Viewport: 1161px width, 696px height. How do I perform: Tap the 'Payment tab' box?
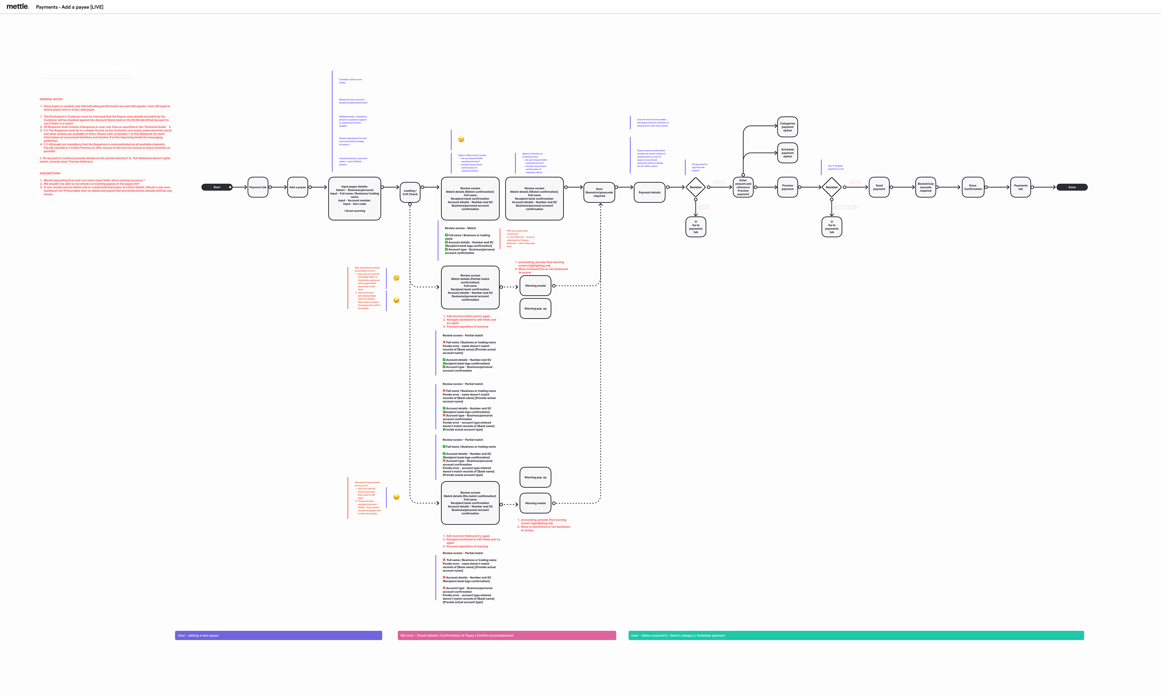coord(258,187)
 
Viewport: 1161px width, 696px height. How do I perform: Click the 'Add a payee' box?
coord(298,187)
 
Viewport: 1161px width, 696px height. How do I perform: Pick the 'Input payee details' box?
coord(354,198)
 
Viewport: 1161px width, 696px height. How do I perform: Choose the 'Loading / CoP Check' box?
coord(410,192)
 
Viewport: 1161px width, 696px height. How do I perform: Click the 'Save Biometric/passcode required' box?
coord(599,192)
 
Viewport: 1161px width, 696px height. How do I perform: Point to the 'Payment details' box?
coord(649,192)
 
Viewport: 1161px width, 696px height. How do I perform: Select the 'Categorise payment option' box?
coord(787,127)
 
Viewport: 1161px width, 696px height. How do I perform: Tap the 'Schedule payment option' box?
coord(787,153)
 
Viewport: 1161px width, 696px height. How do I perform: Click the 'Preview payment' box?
coord(787,187)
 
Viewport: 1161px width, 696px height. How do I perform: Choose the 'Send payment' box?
coord(879,187)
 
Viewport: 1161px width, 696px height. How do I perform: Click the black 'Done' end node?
coord(1072,187)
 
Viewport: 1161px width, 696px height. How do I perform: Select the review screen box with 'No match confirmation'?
coord(470,503)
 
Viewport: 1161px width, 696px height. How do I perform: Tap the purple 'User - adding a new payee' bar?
coord(278,636)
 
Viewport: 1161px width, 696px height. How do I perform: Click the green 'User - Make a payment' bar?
coord(856,636)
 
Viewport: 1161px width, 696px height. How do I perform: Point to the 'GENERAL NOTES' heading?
coord(51,99)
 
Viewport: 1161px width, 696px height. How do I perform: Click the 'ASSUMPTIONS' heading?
coord(50,173)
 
